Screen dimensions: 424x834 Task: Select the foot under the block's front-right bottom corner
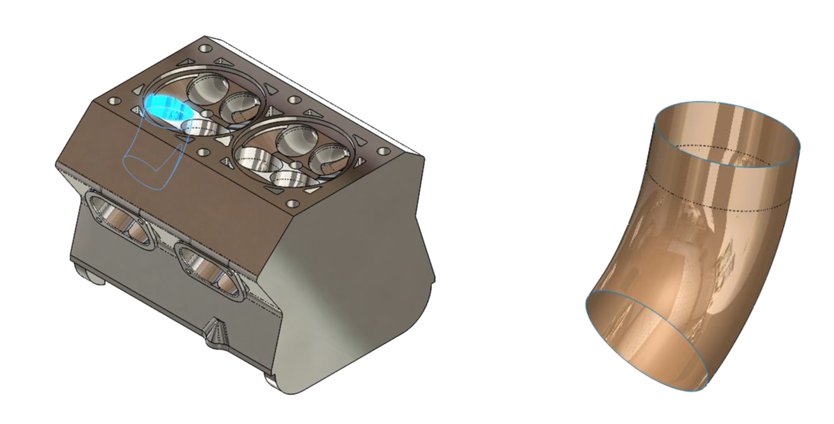[x=271, y=380]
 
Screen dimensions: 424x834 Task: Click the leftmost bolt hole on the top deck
[x=114, y=101]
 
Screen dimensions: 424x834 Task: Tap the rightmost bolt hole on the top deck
[x=383, y=152]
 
